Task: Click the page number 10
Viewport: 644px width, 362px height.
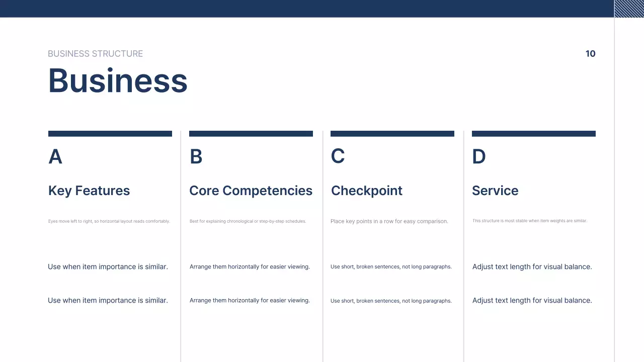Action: (x=590, y=54)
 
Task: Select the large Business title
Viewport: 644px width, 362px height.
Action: (x=118, y=80)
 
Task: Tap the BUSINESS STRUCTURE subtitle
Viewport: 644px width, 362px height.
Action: (x=95, y=54)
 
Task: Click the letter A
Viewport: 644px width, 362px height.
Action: (x=55, y=157)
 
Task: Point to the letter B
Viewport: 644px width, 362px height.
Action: (x=196, y=157)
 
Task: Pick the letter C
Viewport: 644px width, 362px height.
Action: (x=338, y=156)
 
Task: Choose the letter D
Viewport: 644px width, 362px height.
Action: (x=478, y=157)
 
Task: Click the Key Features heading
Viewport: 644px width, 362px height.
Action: (x=89, y=191)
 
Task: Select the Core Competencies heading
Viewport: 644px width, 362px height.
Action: (x=251, y=191)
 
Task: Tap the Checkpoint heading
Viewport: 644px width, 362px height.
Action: (x=367, y=191)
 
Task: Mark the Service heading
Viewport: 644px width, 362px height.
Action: (x=495, y=191)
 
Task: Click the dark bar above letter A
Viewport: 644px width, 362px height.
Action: (x=110, y=134)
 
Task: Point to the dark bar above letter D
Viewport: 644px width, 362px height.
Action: (x=534, y=134)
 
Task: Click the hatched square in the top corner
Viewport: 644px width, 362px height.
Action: (x=629, y=9)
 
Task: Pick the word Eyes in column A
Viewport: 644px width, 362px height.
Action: (x=53, y=221)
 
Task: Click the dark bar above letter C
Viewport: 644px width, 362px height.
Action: (x=392, y=134)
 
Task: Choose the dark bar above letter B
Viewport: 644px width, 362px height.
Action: (x=251, y=134)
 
